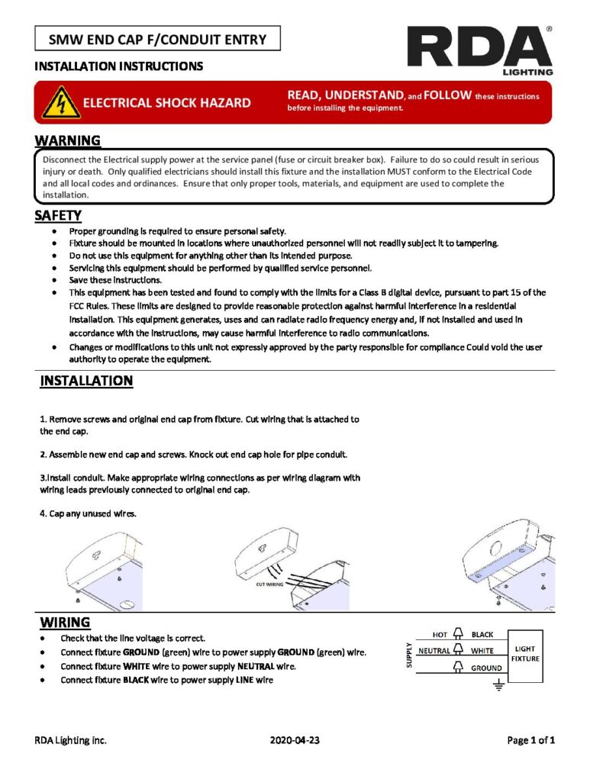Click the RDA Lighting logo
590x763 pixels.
click(x=479, y=50)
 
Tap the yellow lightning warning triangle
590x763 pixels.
click(x=60, y=101)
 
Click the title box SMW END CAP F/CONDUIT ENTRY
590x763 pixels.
click(x=157, y=38)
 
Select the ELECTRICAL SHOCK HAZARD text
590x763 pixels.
click(x=166, y=102)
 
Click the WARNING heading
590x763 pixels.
click(x=67, y=140)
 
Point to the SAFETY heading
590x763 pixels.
click(x=58, y=215)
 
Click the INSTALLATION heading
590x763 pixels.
click(x=86, y=380)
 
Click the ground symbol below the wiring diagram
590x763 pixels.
click(x=500, y=686)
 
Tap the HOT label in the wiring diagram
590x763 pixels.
click(x=440, y=634)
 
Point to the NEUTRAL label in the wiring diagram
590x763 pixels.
click(x=434, y=651)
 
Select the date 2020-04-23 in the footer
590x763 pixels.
click(x=295, y=740)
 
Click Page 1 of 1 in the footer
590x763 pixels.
click(x=530, y=740)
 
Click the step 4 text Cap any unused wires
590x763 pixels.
click(x=89, y=513)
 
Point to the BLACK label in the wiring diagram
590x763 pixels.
click(x=482, y=634)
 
